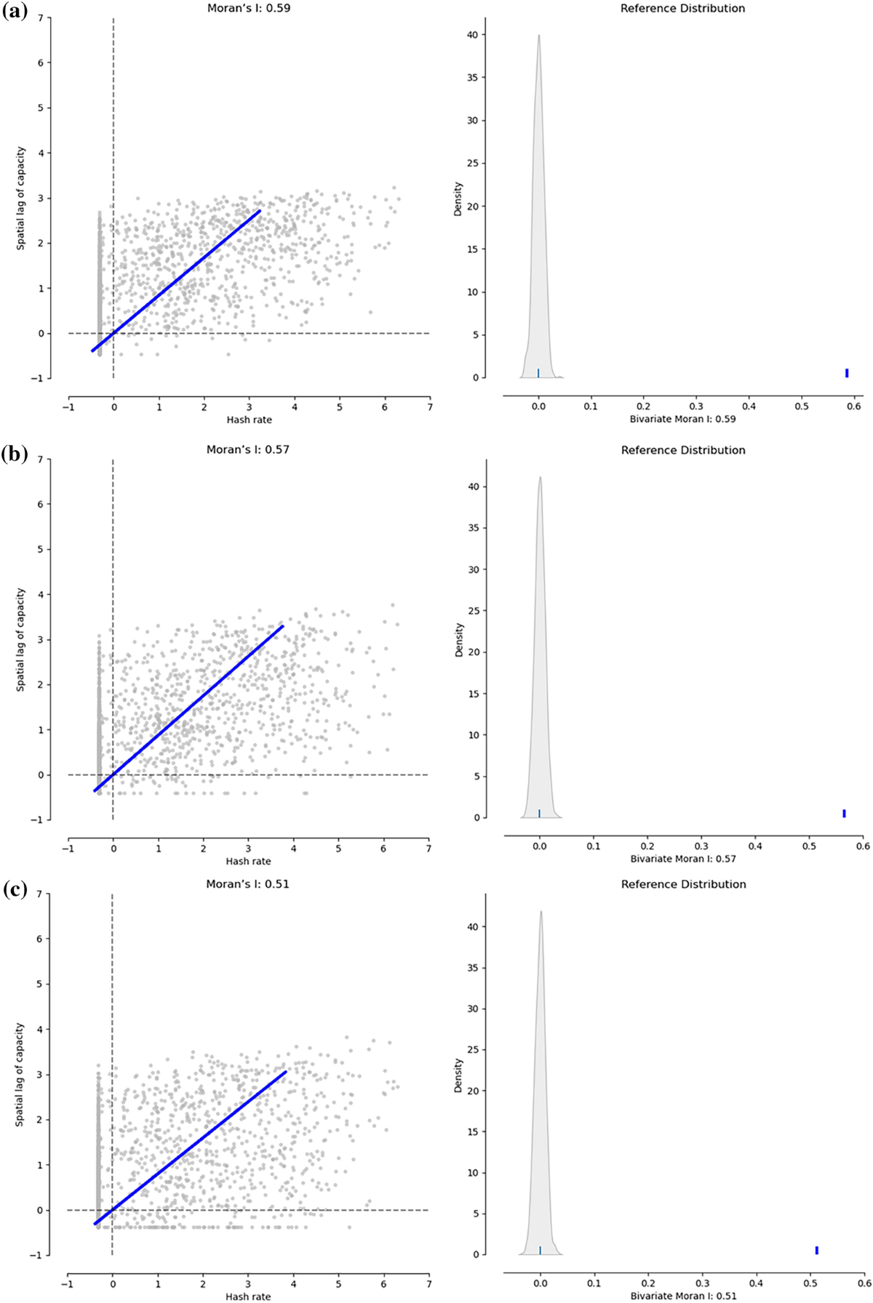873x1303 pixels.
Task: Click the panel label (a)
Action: (x=15, y=12)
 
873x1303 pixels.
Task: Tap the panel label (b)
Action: (x=15, y=455)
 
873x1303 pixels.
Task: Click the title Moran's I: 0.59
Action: (x=248, y=9)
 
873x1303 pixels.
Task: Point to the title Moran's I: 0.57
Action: (x=248, y=449)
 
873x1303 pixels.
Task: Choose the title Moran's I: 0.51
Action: (x=248, y=884)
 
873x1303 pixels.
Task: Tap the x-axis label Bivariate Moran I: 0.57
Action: (x=683, y=859)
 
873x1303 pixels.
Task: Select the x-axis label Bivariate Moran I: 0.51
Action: (x=683, y=1296)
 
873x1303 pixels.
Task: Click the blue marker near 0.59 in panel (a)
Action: (x=848, y=373)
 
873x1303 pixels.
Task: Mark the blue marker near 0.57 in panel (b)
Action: (x=844, y=813)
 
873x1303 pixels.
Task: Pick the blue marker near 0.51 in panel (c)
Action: (x=817, y=1250)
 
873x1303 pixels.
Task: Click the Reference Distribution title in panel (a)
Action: (x=683, y=9)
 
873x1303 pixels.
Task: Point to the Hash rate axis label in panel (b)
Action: (x=248, y=861)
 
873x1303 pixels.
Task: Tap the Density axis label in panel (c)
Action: (x=458, y=1075)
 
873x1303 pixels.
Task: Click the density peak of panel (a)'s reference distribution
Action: (x=538, y=35)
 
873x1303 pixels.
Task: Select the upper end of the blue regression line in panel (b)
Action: (x=282, y=626)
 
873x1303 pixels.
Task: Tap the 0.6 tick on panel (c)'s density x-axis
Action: (x=864, y=1278)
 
